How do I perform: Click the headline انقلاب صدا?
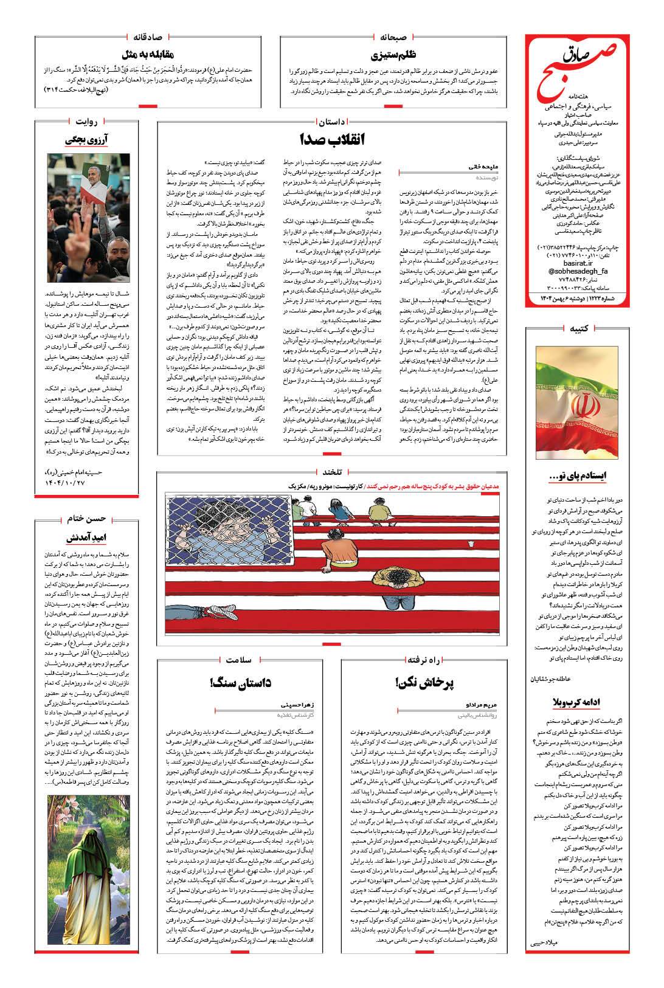tap(333, 139)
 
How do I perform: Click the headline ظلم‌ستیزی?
tap(398, 54)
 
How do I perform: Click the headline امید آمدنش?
tap(88, 537)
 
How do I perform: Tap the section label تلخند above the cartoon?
tap(333, 471)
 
